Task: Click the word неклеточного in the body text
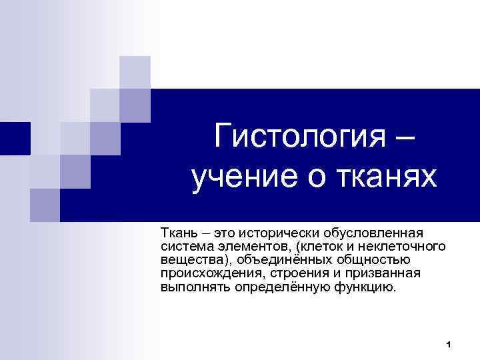407,247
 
